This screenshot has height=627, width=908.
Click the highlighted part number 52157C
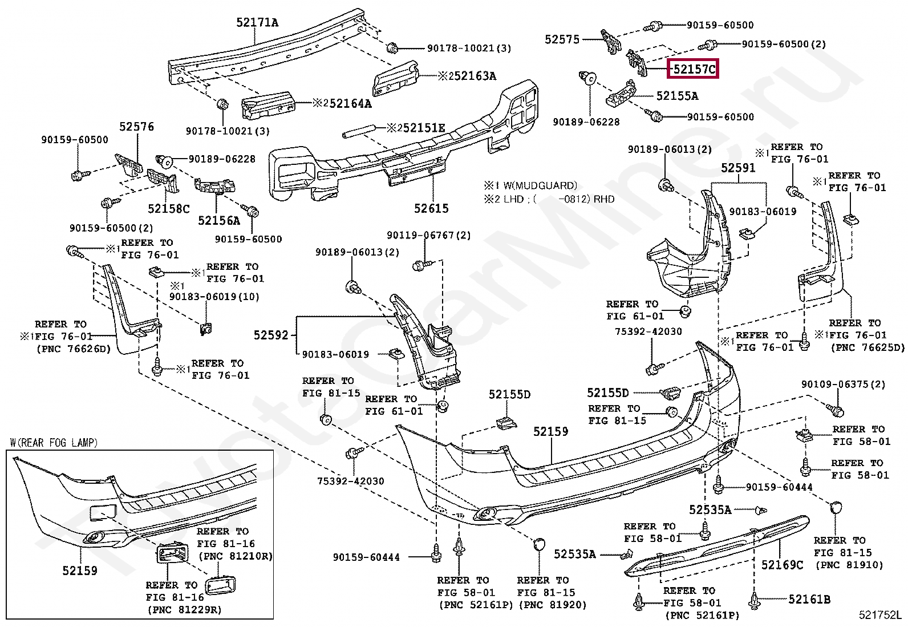click(x=694, y=70)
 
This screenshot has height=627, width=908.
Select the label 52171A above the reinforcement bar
click(x=257, y=22)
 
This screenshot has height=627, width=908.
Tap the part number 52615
click(x=431, y=208)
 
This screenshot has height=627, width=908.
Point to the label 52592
click(x=271, y=335)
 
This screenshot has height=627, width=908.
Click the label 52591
click(x=738, y=168)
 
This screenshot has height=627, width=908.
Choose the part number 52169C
click(x=782, y=565)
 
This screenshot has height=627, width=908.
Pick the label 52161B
click(x=809, y=599)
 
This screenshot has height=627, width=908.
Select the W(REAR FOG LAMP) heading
click(x=54, y=443)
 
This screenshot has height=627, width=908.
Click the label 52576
click(x=137, y=127)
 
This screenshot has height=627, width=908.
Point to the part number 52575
click(x=562, y=39)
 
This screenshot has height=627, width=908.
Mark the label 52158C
click(x=169, y=209)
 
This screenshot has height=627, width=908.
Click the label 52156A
click(x=219, y=221)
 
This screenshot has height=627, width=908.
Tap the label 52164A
click(x=350, y=103)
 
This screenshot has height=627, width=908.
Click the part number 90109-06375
click(x=835, y=384)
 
